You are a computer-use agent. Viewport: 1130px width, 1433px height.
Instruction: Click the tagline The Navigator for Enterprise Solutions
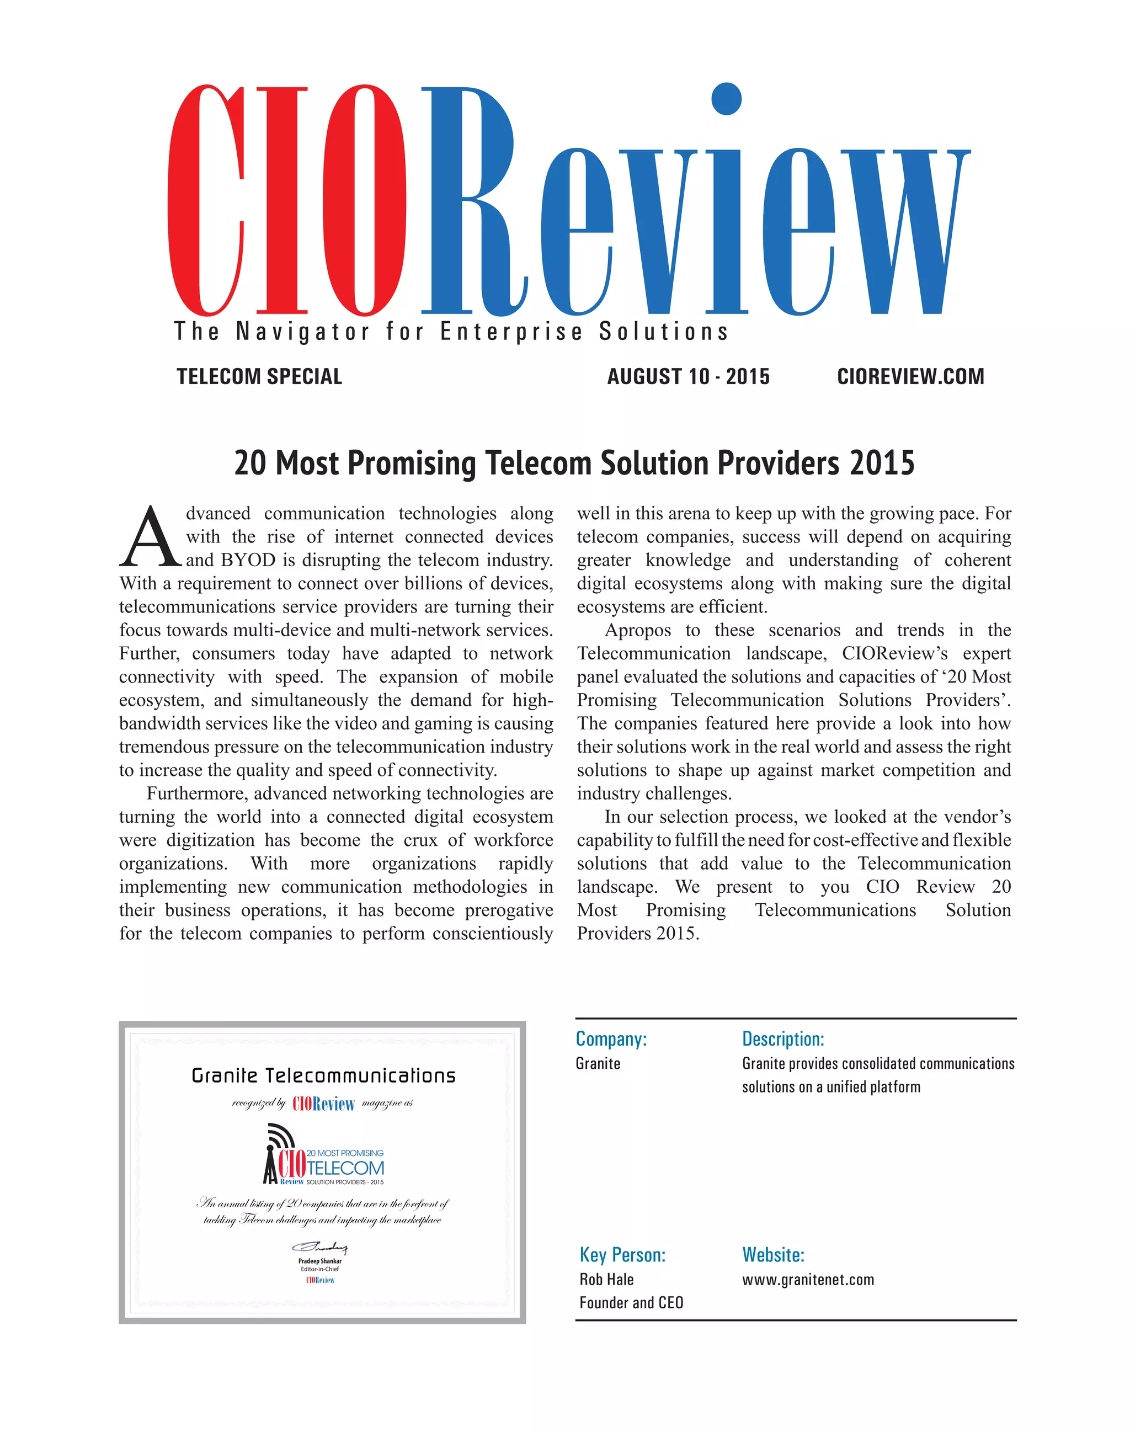pyautogui.click(x=451, y=332)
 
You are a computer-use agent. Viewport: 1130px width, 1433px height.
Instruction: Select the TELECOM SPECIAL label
pyautogui.click(x=259, y=376)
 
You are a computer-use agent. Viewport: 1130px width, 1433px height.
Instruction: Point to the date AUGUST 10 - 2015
pyautogui.click(x=688, y=376)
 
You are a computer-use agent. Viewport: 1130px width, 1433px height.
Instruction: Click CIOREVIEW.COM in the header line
pyautogui.click(x=910, y=376)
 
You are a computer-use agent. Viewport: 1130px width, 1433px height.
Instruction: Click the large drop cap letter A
pyautogui.click(x=150, y=538)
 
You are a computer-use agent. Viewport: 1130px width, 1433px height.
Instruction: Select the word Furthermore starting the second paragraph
pyautogui.click(x=197, y=793)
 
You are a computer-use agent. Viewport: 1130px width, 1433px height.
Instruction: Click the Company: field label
pyautogui.click(x=611, y=1038)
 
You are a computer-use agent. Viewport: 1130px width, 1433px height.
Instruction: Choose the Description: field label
pyautogui.click(x=782, y=1038)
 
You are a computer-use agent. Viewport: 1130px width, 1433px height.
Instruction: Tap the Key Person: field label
pyautogui.click(x=622, y=1255)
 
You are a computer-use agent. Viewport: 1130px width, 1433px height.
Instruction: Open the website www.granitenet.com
pyautogui.click(x=808, y=1280)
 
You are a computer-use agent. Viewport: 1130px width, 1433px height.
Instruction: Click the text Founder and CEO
pyautogui.click(x=631, y=1303)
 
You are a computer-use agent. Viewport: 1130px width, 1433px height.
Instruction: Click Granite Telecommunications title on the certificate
pyautogui.click(x=323, y=1076)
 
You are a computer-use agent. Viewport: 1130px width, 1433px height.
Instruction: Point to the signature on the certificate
pyautogui.click(x=320, y=1247)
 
